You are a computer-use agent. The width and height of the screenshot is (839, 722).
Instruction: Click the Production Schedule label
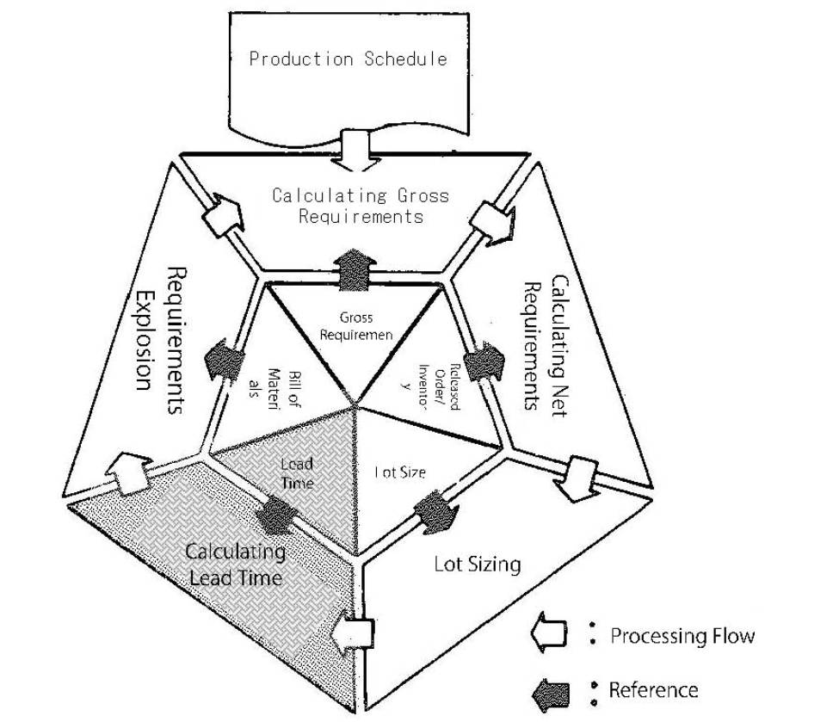[x=348, y=59]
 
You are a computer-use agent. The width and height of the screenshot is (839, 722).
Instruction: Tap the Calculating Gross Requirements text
[x=361, y=205]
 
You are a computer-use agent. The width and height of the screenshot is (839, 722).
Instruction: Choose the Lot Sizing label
[x=477, y=565]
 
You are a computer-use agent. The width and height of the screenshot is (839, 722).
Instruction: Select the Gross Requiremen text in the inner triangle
[x=355, y=325]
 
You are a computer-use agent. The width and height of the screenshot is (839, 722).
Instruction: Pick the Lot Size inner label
[x=400, y=472]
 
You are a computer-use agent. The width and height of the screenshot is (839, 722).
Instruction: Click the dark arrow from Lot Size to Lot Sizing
[x=433, y=513]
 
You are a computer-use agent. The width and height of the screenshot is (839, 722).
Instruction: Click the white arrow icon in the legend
[x=550, y=636]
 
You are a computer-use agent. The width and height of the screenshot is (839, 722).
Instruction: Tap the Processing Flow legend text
[x=682, y=637]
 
